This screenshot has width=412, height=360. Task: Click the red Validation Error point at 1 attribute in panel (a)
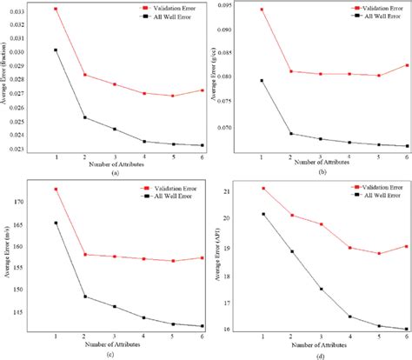pyautogui.click(x=56, y=9)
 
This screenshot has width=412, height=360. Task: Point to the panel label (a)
pyautogui.click(x=115, y=174)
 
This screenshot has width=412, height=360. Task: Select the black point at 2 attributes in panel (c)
pyautogui.click(x=85, y=297)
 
